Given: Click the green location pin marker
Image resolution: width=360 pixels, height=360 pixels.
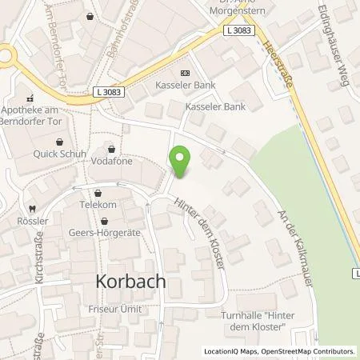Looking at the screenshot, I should click(x=182, y=162).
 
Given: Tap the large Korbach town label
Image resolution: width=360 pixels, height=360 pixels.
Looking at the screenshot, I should click(x=130, y=282).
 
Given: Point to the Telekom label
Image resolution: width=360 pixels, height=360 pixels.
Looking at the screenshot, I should click(x=98, y=205).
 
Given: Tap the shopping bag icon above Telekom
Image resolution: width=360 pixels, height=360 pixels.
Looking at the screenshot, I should click(x=98, y=193).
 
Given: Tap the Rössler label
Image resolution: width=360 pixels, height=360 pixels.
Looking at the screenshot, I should click(x=26, y=218).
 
